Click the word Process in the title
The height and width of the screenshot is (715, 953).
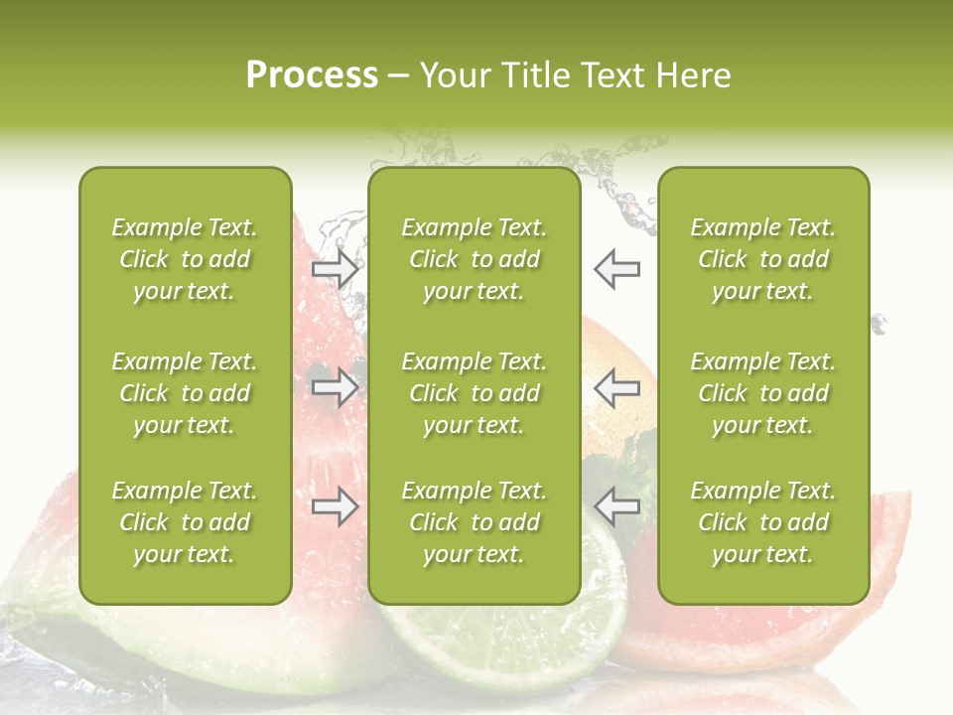point(312,75)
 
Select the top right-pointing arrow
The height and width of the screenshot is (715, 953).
point(336,268)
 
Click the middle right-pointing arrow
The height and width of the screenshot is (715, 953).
point(336,387)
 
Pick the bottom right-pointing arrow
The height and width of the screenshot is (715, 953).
point(336,507)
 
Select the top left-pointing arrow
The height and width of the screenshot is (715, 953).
point(617,268)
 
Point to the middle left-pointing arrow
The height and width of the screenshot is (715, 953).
point(617,387)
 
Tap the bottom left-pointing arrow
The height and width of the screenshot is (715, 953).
point(617,507)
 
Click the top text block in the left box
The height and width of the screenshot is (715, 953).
point(185,259)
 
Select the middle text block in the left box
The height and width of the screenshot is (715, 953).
point(185,393)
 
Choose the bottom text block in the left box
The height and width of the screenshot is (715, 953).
point(185,522)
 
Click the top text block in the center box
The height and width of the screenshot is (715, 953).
point(474,259)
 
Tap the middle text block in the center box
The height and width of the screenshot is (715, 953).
point(474,393)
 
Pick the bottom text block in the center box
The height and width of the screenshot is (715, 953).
point(474,522)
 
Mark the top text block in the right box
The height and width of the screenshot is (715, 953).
point(762,259)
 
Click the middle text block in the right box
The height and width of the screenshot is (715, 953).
point(762,393)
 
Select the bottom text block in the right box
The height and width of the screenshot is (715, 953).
point(762,522)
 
